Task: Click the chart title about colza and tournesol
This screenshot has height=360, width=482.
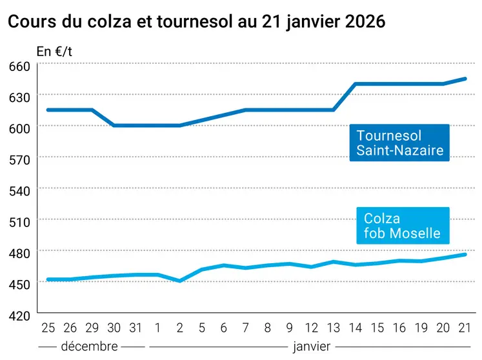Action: click(196, 21)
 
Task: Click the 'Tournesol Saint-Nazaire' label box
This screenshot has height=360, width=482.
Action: click(399, 143)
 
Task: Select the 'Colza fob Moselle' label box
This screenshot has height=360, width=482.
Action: click(402, 226)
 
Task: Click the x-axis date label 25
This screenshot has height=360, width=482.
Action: click(48, 328)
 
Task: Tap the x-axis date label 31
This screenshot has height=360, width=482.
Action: click(136, 328)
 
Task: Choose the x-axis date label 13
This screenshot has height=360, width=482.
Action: click(334, 328)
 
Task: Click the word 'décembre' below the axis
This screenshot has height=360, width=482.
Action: click(89, 346)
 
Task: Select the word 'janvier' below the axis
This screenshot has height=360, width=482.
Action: click(311, 346)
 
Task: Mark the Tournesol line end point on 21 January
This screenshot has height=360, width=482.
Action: click(465, 79)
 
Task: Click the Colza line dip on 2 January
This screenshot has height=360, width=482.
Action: click(180, 281)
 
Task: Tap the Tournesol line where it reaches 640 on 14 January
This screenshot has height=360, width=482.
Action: click(356, 84)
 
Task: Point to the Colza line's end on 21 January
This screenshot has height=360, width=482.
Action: click(465, 255)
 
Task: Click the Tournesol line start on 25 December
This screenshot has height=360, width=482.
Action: click(48, 110)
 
